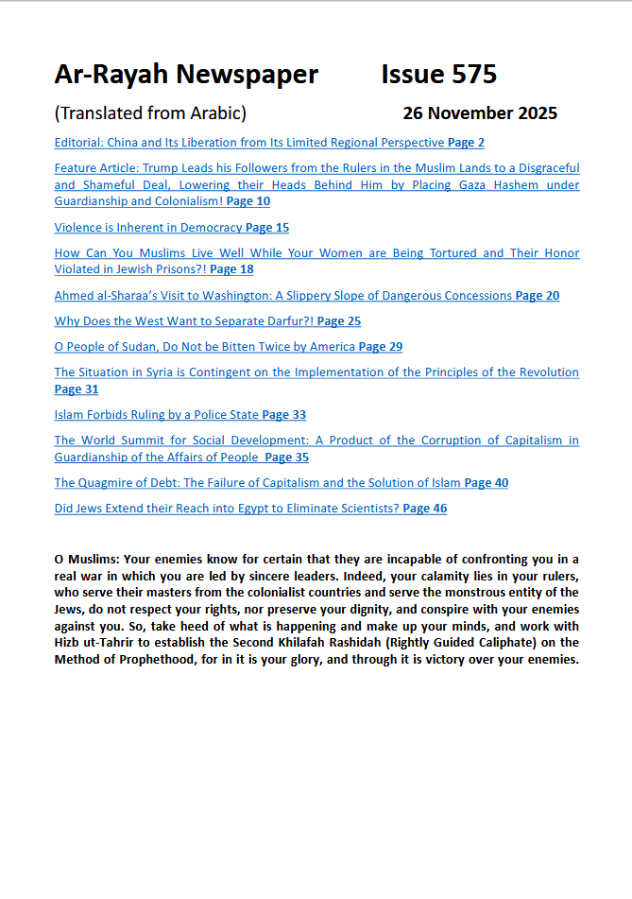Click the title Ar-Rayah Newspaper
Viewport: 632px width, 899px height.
pos(186,75)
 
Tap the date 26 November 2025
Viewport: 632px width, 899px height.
pos(480,113)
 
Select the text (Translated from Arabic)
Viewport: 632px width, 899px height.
pos(150,113)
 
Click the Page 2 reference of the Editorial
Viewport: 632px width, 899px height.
pos(466,143)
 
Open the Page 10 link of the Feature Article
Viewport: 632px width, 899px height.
pos(248,201)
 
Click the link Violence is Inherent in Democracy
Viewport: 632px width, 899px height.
pos(148,227)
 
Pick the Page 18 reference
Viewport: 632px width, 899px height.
pos(231,269)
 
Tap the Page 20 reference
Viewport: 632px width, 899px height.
pos(537,295)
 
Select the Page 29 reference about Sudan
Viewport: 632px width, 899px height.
pos(381,346)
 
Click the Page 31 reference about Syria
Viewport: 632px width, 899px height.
pos(77,389)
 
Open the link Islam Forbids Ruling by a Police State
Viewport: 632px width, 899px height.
pos(157,414)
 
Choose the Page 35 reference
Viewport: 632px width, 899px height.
pos(286,457)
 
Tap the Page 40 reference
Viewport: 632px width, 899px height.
pos(487,482)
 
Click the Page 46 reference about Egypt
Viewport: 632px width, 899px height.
pos(424,508)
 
